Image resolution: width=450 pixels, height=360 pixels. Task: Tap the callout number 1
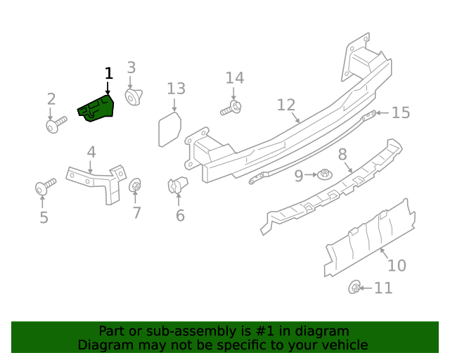click(x=108, y=73)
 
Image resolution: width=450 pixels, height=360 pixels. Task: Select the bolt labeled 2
click(x=55, y=126)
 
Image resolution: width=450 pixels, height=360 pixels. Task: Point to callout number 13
click(x=176, y=89)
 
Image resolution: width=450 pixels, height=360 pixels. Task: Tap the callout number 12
click(x=285, y=105)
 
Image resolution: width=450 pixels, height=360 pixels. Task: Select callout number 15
click(x=400, y=112)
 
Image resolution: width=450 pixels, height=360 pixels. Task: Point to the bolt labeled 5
click(x=45, y=188)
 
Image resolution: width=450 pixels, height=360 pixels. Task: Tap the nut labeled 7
click(x=136, y=186)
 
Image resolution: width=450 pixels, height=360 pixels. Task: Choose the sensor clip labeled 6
click(x=177, y=186)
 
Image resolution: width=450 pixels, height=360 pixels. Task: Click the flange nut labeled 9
click(x=325, y=174)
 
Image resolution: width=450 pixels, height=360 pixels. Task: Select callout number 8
click(x=342, y=154)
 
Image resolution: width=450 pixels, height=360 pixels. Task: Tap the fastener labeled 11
click(x=356, y=288)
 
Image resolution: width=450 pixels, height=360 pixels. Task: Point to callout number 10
click(x=397, y=266)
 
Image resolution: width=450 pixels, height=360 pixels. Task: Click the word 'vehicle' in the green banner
click(x=344, y=345)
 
